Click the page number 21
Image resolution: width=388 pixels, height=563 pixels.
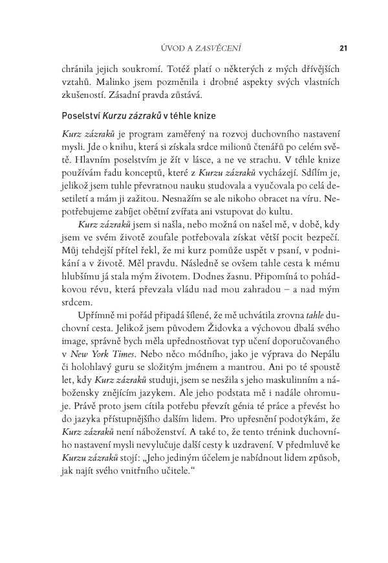(x=343, y=47)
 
